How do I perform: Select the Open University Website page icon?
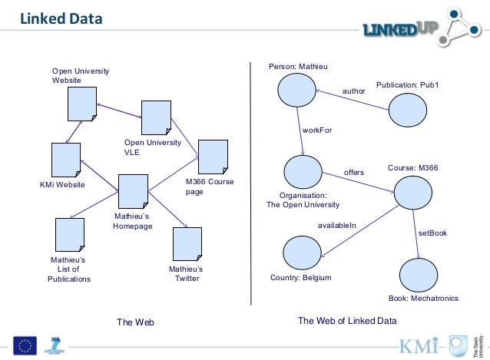coord(81,104)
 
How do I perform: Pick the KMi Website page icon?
coord(66,160)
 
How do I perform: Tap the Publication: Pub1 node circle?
coord(406,110)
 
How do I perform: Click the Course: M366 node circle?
coord(412,192)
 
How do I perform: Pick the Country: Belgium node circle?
coord(302,253)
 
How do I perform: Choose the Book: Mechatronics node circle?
coord(419,273)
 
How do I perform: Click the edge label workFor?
coord(317,130)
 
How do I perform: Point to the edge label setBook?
coord(432,232)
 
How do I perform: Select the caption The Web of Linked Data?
coord(346,321)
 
